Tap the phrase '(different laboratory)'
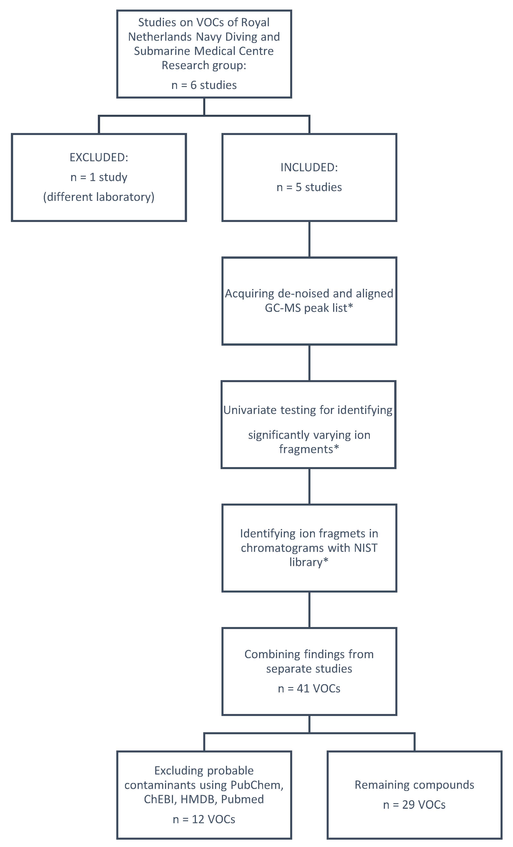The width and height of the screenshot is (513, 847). (x=99, y=197)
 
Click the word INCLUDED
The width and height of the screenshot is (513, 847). (x=309, y=167)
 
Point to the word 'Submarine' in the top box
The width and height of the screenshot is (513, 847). (x=162, y=51)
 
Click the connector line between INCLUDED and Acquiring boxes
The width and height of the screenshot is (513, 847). (x=309, y=239)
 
